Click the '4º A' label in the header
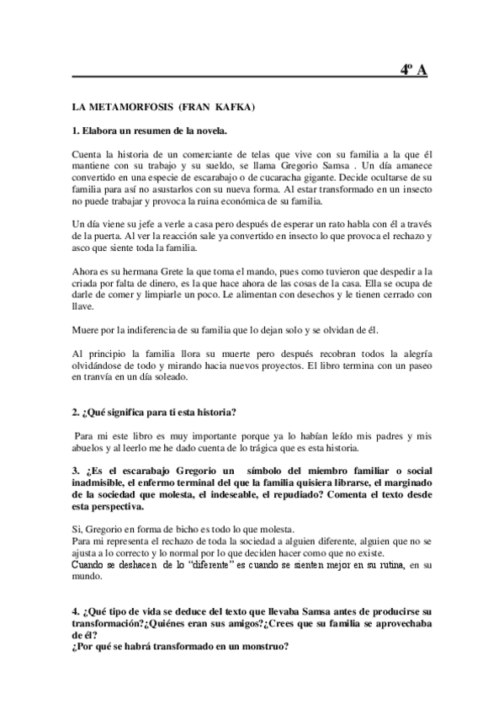coord(414,70)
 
